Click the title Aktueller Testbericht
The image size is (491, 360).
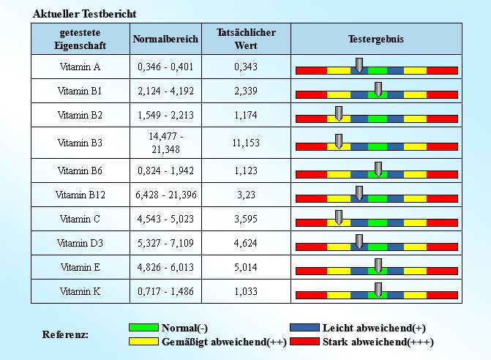85,14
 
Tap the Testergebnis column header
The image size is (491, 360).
376,39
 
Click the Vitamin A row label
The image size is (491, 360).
80,67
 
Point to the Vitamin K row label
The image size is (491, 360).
80,290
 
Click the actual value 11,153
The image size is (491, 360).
246,143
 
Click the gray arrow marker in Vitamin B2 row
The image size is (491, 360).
339,113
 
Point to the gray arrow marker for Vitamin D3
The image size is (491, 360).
359,241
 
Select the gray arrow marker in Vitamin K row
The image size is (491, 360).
378,289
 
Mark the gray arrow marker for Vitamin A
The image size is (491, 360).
359,65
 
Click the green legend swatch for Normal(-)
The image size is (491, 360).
143,328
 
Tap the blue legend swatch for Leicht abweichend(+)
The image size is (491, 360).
304,328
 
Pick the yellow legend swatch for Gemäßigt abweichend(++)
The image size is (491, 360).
143,342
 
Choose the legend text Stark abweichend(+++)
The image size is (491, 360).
378,342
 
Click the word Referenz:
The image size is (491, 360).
65,334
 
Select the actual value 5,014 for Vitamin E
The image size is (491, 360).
246,266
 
